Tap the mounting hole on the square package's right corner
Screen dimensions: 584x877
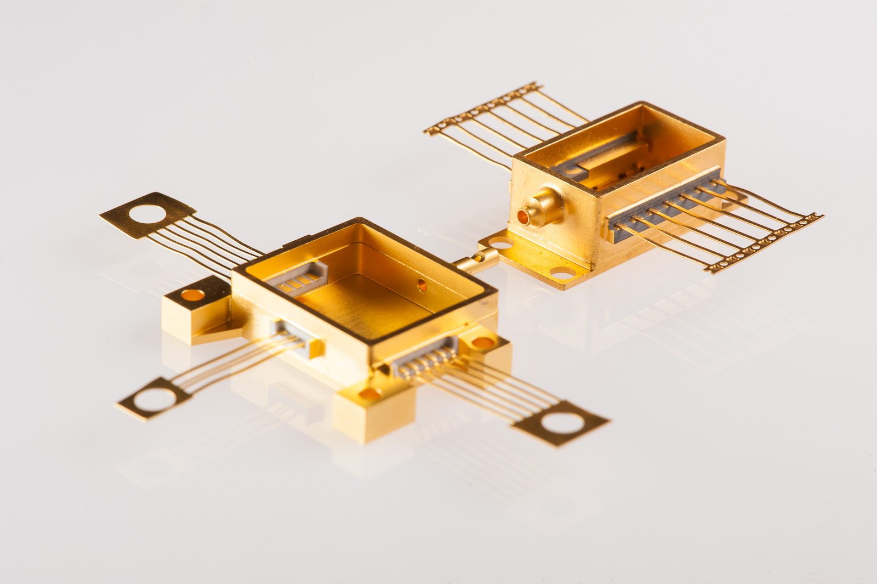[x=482, y=343]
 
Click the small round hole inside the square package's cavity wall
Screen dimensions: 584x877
[x=422, y=284]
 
